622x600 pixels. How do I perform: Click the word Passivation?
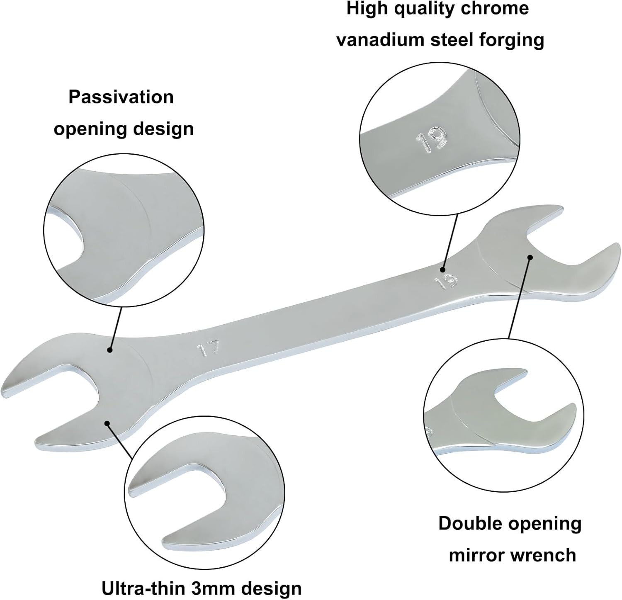click(x=121, y=97)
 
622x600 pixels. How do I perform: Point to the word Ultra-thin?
click(x=144, y=588)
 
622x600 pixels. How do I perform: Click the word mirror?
click(x=476, y=555)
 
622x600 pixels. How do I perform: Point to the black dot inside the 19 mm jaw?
click(x=530, y=257)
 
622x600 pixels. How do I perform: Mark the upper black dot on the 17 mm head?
click(x=110, y=350)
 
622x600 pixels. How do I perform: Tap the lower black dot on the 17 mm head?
click(x=107, y=423)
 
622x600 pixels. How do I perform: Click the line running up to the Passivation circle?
click(x=116, y=328)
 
